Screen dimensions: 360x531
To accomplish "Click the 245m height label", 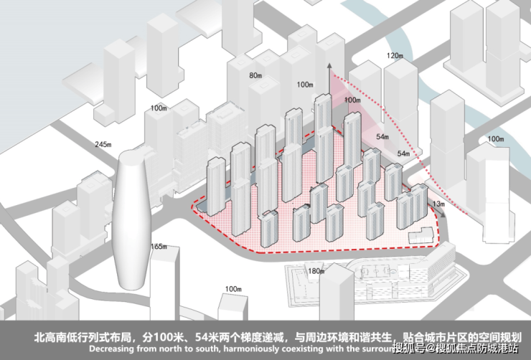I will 103,145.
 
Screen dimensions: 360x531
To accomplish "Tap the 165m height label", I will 160,247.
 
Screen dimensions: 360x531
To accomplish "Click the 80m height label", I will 255,75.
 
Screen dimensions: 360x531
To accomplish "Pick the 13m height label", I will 440,204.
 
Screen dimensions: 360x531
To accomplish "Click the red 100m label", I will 352,100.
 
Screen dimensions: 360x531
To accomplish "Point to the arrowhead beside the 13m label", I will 430,205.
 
